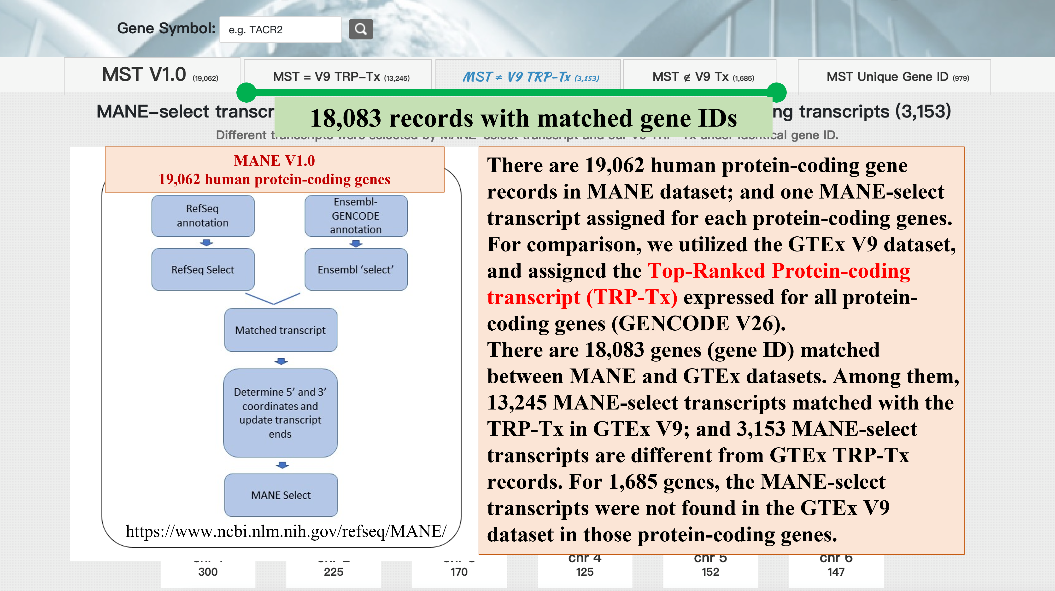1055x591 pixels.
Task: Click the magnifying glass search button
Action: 360,29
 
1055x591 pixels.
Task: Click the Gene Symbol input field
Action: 280,29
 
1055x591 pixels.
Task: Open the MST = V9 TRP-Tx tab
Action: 337,76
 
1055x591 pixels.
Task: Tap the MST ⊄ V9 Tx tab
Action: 699,76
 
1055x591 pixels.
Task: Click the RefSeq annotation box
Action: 203,216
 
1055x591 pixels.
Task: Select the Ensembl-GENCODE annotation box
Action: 356,216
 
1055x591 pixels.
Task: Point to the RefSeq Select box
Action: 203,269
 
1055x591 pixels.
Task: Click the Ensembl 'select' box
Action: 356,269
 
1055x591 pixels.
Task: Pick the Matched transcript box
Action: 281,330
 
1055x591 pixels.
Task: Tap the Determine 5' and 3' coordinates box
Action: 281,413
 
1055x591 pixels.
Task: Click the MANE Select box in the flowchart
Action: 281,495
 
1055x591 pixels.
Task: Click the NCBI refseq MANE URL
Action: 286,531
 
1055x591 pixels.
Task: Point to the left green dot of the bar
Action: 246,92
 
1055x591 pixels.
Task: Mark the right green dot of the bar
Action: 776,92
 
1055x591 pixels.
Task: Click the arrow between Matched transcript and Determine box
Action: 281,361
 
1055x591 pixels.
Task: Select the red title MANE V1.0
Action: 274,161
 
